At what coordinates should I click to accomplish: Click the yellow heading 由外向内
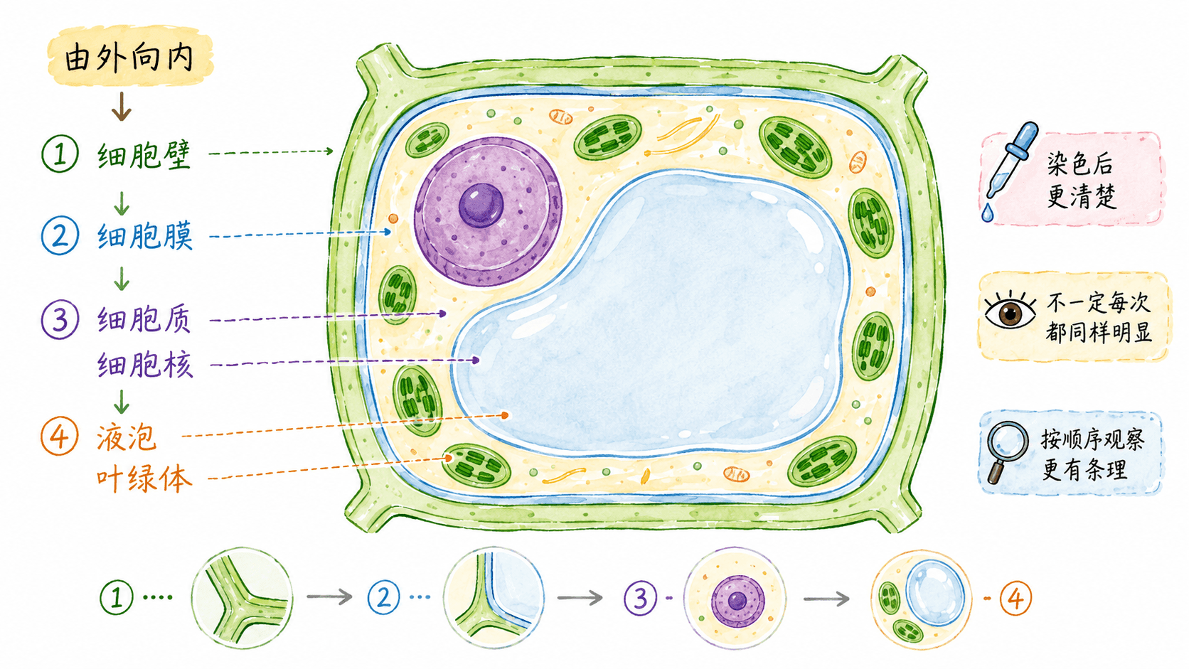tap(129, 58)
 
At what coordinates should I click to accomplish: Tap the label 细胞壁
tap(144, 154)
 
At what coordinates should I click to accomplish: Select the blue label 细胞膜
tap(144, 236)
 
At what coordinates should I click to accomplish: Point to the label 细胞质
tap(144, 319)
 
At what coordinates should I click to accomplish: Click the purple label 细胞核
tap(144, 365)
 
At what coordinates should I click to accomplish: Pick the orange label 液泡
tap(127, 437)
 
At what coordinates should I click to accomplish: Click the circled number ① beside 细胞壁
tap(60, 154)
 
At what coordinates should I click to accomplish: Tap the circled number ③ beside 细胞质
tap(60, 319)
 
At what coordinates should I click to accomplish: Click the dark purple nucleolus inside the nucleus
tap(481, 205)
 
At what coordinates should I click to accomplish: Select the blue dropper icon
tap(1009, 160)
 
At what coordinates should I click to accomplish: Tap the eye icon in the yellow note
tap(1010, 311)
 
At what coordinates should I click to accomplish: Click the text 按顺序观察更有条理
tap(1092, 454)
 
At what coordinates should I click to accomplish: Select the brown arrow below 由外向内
tap(122, 106)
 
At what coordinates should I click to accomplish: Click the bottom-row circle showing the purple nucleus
tap(735, 598)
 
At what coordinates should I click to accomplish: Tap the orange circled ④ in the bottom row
tap(1015, 599)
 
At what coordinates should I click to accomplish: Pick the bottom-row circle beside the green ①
tap(242, 598)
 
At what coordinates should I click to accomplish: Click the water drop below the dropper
tap(987, 213)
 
